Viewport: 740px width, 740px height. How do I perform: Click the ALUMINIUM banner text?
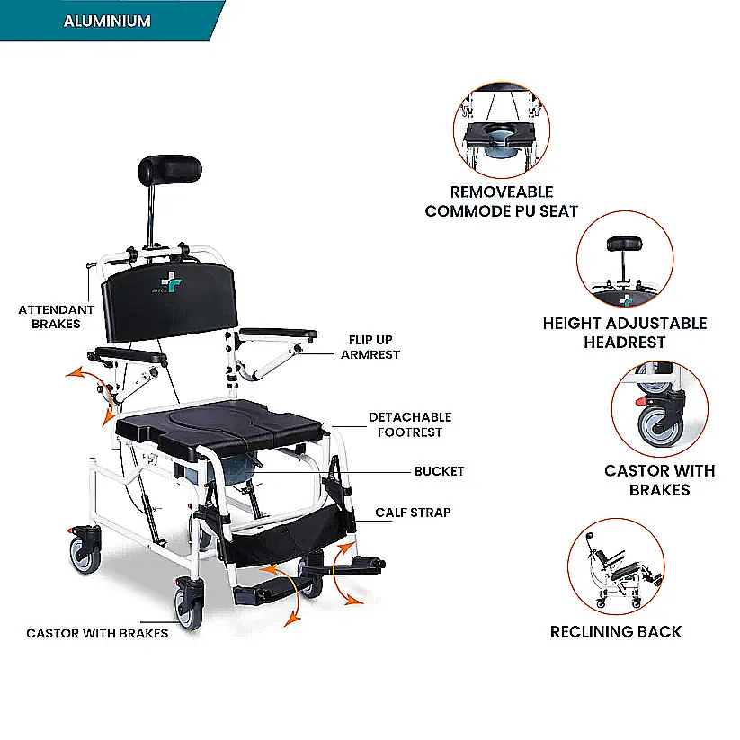[107, 22]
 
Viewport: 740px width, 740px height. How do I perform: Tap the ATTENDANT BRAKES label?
[56, 317]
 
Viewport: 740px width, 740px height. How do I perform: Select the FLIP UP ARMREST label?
[370, 347]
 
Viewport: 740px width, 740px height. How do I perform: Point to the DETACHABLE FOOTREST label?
[410, 424]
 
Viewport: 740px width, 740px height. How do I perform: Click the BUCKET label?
[440, 471]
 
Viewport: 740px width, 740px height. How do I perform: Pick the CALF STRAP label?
[413, 512]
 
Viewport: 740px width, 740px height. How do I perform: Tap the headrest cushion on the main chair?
[170, 169]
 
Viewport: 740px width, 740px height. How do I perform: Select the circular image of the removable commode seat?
[502, 129]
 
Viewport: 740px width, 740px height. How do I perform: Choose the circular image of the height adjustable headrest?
[625, 259]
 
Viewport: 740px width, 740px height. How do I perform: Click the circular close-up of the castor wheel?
[660, 409]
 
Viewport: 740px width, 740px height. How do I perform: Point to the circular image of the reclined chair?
[616, 566]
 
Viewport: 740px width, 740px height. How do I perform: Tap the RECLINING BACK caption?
[616, 631]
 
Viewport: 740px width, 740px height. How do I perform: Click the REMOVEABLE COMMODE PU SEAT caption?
[501, 201]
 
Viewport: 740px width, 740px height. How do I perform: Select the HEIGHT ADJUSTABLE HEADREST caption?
[625, 333]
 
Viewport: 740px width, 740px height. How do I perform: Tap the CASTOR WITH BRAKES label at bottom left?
[97, 633]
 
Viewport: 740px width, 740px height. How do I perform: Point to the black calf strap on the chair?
[288, 536]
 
